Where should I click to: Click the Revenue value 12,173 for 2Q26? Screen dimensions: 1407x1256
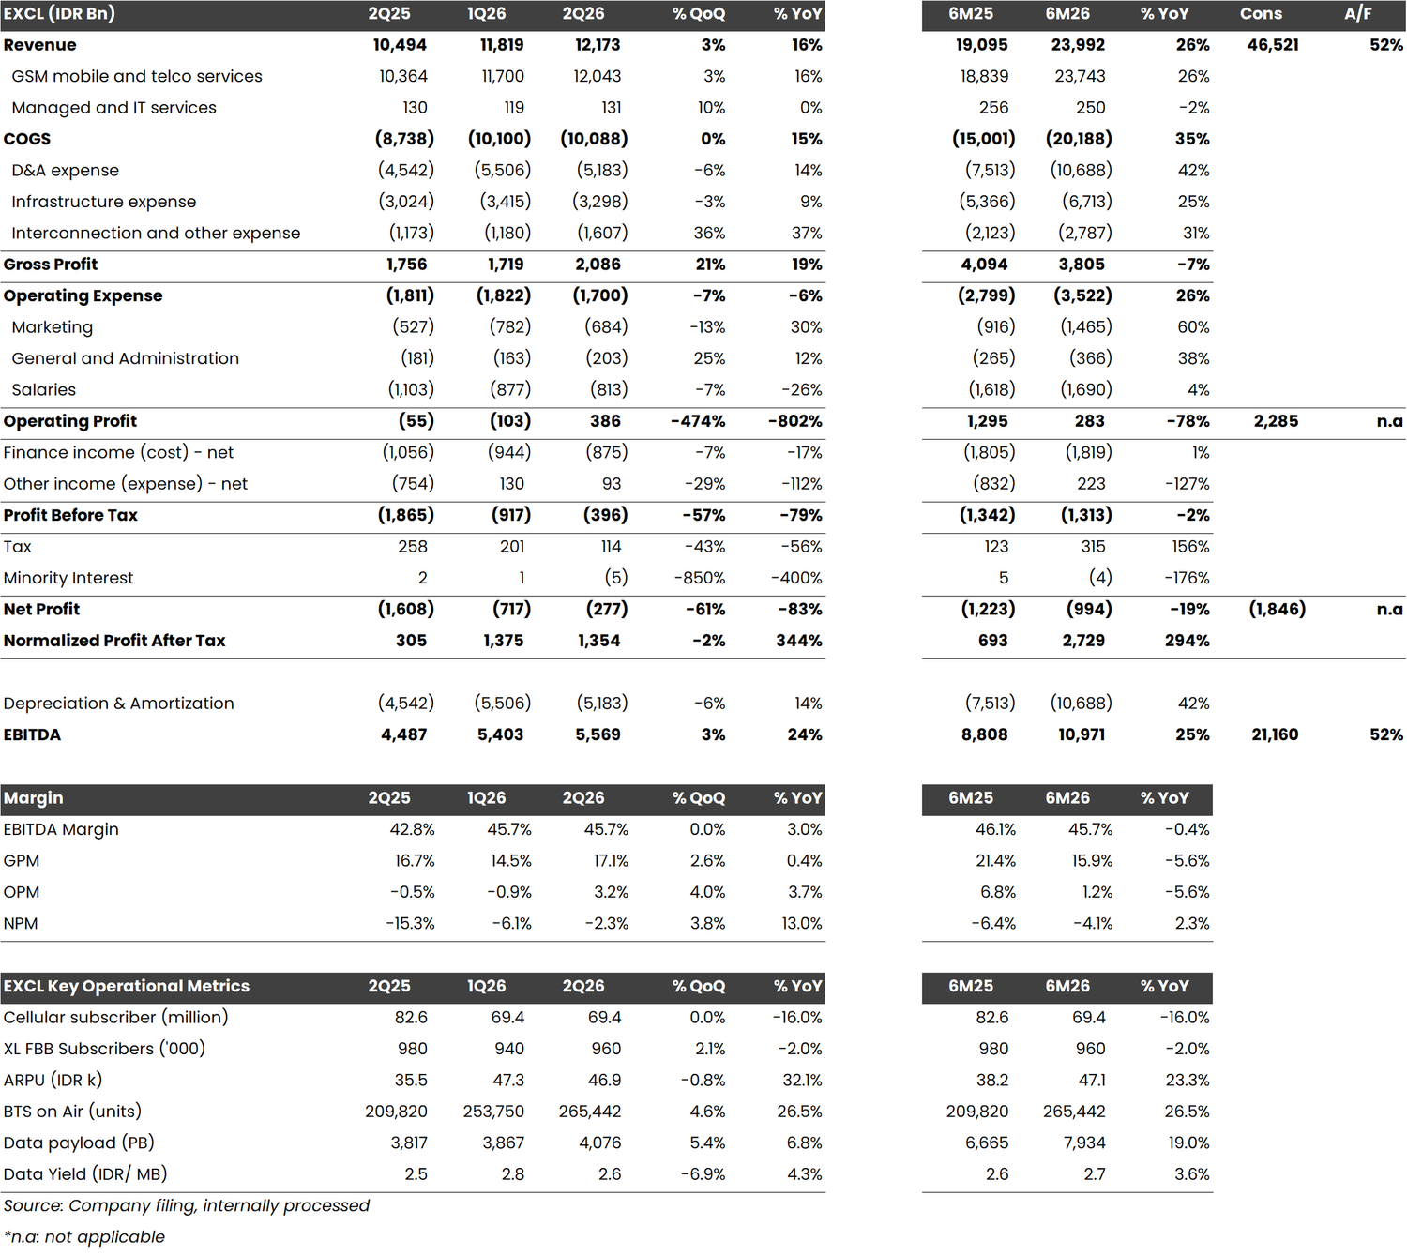click(598, 45)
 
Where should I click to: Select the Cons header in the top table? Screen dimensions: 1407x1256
click(1261, 14)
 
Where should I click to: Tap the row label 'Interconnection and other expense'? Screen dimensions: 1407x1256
click(156, 233)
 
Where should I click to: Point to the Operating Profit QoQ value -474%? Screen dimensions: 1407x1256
click(698, 421)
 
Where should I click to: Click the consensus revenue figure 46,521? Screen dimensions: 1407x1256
click(1272, 45)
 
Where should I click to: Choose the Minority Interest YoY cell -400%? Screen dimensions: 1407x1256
click(796, 578)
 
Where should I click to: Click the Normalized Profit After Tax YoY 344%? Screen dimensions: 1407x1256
click(799, 641)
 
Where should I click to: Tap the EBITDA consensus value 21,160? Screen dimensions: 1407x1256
click(1275, 734)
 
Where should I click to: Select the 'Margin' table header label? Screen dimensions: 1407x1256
click(34, 798)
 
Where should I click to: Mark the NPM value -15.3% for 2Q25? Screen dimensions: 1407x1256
click(410, 923)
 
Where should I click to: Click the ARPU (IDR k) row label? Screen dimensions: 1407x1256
click(53, 1081)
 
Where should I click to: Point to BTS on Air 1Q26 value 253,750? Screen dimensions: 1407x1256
click(493, 1112)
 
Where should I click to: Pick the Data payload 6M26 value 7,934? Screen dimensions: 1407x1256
click(1084, 1143)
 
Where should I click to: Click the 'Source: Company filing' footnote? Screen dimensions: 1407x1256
click(186, 1205)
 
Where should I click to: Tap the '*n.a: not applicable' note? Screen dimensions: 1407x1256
click(84, 1236)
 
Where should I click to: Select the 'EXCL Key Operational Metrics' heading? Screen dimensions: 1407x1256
click(126, 987)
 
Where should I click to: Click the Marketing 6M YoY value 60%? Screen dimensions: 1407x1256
click(1193, 327)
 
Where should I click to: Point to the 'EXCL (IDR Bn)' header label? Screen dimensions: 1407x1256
click(59, 14)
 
